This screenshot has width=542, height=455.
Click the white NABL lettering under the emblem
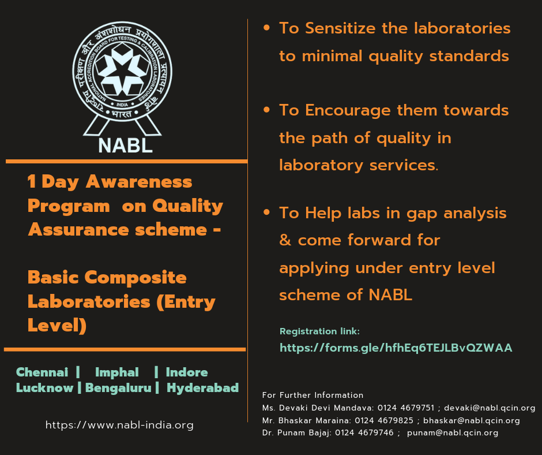pos(126,144)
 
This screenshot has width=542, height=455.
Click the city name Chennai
pos(42,372)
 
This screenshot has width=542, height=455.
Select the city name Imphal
pos(117,372)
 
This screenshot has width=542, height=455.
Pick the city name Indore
pos(187,372)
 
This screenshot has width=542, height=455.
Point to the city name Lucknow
pos(44,387)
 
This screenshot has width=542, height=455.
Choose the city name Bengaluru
pos(119,387)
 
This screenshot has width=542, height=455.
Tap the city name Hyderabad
pos(202,387)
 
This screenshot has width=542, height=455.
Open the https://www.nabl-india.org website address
pos(119,426)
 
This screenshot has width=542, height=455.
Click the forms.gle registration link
pos(396,348)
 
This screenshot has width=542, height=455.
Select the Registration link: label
pos(319,331)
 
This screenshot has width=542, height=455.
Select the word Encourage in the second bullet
pos(350,110)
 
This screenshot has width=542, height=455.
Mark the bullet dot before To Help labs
pos(266,213)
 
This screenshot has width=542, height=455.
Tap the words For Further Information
pos(313,396)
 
